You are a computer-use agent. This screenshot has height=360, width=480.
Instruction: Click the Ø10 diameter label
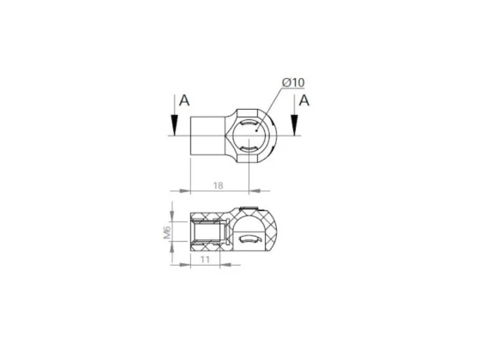[293, 82]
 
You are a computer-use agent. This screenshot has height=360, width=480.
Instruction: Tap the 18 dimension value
[218, 185]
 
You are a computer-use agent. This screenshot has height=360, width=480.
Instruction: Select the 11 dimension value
[205, 260]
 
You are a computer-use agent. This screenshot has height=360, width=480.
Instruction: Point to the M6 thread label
[167, 232]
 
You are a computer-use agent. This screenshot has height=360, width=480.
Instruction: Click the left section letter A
[184, 100]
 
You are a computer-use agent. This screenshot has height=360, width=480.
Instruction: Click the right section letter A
[303, 100]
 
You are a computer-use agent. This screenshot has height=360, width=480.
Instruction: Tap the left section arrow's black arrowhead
[174, 125]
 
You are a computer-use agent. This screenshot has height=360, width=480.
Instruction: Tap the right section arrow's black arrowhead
[294, 125]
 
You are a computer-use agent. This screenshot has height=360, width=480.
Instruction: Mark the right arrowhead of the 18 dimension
[255, 190]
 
